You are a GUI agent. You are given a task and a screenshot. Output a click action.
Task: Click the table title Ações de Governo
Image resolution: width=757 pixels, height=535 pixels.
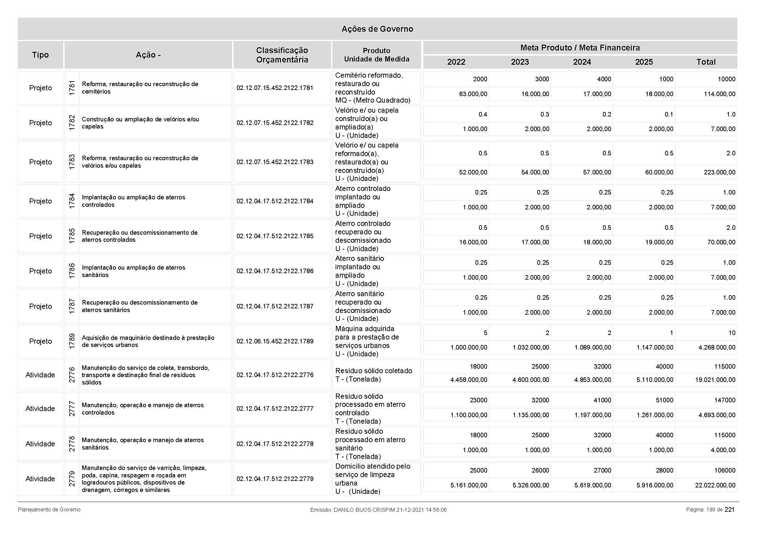pyautogui.click(x=377, y=29)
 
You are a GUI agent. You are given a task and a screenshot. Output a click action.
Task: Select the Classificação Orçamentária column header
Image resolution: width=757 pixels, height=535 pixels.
pyautogui.click(x=282, y=55)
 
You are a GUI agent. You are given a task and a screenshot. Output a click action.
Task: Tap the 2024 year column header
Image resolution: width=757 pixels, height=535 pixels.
pyautogui.click(x=582, y=62)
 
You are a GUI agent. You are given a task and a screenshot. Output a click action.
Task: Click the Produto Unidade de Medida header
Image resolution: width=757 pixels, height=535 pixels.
pyautogui.click(x=376, y=55)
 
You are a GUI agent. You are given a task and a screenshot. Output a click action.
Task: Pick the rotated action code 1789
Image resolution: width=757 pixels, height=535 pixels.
pyautogui.click(x=72, y=341)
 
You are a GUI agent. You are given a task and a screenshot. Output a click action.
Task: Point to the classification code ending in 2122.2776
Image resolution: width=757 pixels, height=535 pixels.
pyautogui.click(x=275, y=375)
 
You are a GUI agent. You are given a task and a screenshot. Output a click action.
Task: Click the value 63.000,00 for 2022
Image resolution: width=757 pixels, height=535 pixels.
pyautogui.click(x=473, y=94)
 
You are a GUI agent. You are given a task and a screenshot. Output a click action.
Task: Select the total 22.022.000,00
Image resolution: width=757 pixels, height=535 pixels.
pyautogui.click(x=715, y=485)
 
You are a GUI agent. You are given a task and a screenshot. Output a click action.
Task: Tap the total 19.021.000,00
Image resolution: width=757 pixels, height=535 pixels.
pyautogui.click(x=715, y=380)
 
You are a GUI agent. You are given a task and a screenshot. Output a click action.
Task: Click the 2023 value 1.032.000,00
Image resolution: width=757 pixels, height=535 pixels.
pyautogui.click(x=531, y=347)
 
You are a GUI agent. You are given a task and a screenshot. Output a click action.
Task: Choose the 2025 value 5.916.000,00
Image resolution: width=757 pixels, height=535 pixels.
pyautogui.click(x=655, y=485)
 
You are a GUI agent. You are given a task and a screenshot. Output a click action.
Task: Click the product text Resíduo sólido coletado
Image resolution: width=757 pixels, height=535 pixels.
pyautogui.click(x=373, y=371)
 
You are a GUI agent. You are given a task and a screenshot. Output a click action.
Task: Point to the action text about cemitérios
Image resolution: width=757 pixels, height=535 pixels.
pyautogui.click(x=140, y=88)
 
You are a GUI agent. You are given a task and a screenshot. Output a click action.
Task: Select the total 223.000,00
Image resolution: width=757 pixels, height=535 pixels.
pyautogui.click(x=719, y=172)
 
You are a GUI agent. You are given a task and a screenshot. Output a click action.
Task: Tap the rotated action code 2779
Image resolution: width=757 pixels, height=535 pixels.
pyautogui.click(x=72, y=479)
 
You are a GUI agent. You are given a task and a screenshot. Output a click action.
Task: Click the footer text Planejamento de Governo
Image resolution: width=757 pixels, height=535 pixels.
pyautogui.click(x=49, y=510)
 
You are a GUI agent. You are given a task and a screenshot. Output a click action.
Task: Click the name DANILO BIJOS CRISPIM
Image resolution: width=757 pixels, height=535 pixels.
pyautogui.click(x=364, y=510)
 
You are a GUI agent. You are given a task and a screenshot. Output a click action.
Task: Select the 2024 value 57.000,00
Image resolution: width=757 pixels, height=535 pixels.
pyautogui.click(x=597, y=172)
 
